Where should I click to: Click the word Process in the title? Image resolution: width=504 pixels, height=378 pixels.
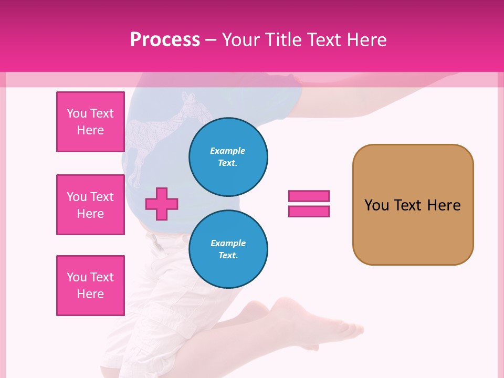[x=165, y=40]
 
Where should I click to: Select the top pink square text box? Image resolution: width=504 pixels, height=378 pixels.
[x=90, y=122]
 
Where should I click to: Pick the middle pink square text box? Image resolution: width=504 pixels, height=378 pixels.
[x=90, y=205]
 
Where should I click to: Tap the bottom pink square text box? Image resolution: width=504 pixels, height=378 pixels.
[x=90, y=286]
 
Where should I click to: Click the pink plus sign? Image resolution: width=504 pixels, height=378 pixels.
[x=162, y=204]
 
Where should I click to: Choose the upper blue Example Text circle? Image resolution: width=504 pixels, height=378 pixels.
[x=228, y=156]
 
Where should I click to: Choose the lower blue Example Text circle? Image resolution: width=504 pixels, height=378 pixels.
[x=228, y=249]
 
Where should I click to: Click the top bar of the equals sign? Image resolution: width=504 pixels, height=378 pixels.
[x=309, y=196]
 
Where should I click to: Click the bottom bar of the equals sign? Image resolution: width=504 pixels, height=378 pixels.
[x=309, y=212]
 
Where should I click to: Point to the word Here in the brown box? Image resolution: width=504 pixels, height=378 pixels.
[x=444, y=205]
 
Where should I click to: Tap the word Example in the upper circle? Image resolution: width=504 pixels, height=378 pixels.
[x=227, y=151]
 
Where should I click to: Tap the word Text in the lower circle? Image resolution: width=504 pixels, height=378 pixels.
[x=227, y=256]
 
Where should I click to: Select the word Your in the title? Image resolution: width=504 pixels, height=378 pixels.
[x=242, y=40]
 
